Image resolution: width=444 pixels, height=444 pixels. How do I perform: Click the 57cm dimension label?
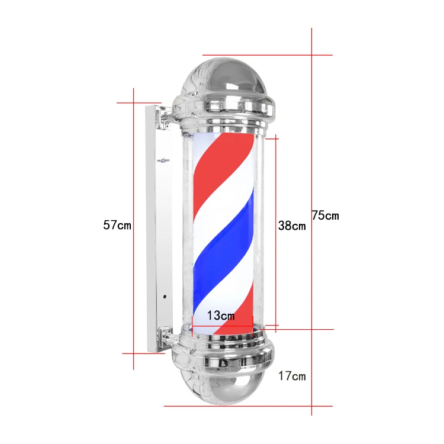coord(117,225)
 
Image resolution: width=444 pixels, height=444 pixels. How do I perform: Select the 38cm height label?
coord(292,226)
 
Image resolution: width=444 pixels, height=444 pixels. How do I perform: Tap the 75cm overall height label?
coord(326,215)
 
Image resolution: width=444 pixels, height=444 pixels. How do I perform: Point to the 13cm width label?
coord(221,316)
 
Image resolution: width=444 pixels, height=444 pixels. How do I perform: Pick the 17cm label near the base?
coord(292,375)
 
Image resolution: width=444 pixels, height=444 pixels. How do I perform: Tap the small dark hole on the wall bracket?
coord(165,297)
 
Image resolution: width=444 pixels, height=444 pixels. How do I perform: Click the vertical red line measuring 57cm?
coord(134,178)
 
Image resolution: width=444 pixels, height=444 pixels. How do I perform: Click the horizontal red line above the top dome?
coord(266,55)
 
